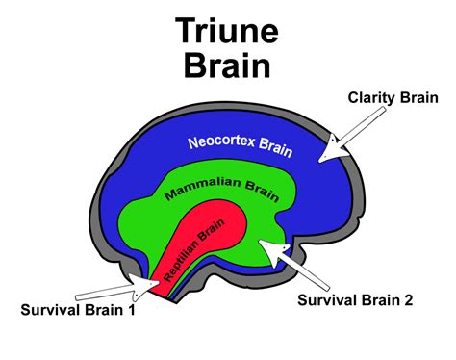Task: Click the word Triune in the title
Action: click(227, 32)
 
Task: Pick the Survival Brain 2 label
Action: click(355, 300)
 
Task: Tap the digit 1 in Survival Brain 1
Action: click(131, 309)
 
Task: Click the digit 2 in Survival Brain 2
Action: click(408, 300)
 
